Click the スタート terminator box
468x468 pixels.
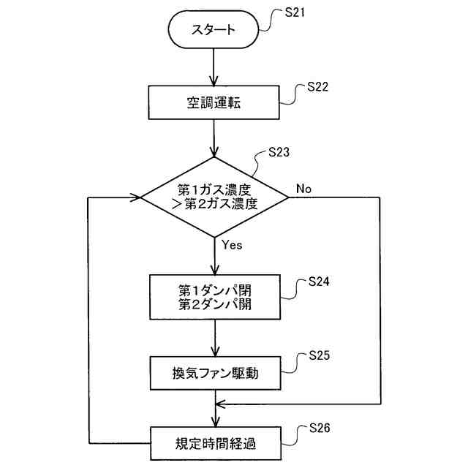214,31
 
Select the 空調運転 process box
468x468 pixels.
214,103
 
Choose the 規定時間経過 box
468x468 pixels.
214,443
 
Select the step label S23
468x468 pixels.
279,153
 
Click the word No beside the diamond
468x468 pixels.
303,189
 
